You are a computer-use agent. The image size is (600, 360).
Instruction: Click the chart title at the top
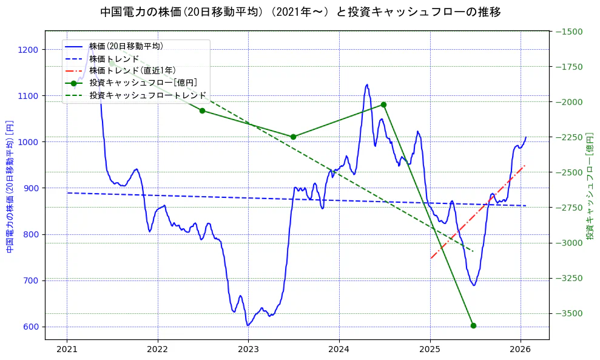300,12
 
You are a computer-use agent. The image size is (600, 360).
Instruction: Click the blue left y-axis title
10,186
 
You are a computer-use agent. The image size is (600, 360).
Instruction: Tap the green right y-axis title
590,186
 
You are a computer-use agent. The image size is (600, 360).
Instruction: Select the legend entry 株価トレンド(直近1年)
132,70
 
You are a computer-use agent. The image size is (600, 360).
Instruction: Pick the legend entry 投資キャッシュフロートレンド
147,95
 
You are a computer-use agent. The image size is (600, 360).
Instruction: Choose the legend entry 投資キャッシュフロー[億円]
143,83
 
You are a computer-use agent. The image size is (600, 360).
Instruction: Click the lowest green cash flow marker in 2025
473,325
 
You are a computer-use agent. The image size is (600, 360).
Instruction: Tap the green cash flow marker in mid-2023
293,137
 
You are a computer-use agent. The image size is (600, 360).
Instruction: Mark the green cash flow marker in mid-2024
383,104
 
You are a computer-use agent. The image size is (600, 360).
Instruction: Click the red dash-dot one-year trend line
479,211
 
